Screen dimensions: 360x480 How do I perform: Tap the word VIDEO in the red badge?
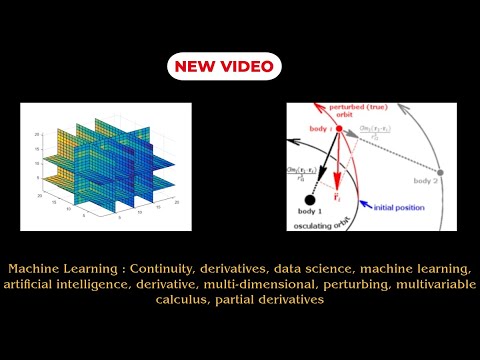(246, 67)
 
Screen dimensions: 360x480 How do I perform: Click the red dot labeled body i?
(339, 129)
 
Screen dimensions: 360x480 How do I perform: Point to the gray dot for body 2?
(440, 173)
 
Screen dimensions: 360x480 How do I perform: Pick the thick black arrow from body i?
(325, 164)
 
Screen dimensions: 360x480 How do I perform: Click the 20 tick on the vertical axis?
(37, 133)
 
